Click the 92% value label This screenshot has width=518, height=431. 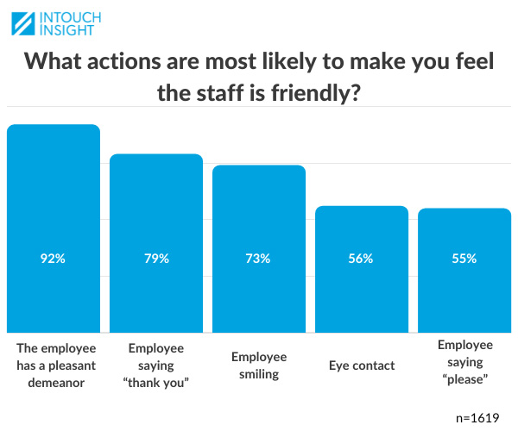tap(53, 259)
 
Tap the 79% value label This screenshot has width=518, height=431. tap(156, 259)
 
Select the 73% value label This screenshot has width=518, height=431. tap(258, 259)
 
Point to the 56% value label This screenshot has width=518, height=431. tap(361, 259)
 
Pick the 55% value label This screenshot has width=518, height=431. tap(464, 259)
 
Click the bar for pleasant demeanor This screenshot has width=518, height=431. tap(54, 198)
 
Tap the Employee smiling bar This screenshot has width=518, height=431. tap(258, 215)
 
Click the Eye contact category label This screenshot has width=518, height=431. tap(362, 365)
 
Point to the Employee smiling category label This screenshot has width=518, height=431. tap(258, 365)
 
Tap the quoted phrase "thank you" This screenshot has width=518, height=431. tap(156, 382)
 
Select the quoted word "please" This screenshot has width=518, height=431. tap(464, 378)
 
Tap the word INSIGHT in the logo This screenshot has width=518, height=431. tap(73, 32)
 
